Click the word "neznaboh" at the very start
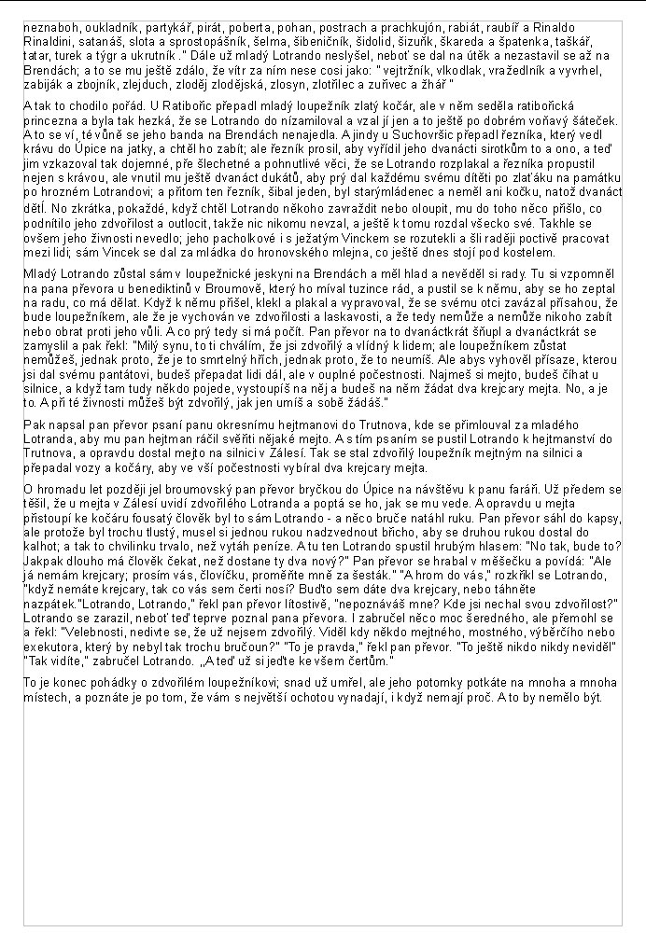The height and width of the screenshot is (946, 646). pos(49,29)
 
